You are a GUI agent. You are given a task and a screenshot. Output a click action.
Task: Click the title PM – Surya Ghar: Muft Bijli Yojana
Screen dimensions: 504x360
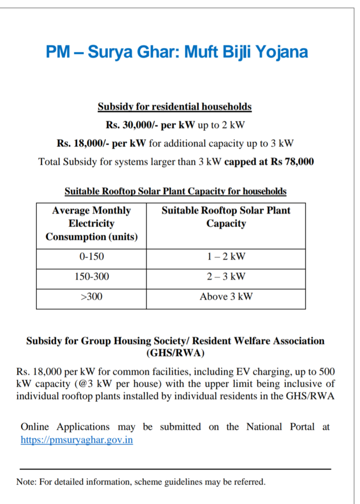pyautogui.click(x=177, y=52)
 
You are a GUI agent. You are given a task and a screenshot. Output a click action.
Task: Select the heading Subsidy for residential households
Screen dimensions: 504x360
pyautogui.click(x=175, y=107)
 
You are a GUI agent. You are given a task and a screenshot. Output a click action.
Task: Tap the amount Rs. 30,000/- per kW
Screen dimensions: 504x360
pyautogui.click(x=150, y=125)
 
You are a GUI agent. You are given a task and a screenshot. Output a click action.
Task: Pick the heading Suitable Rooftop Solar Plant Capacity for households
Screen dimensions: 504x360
pyautogui.click(x=175, y=191)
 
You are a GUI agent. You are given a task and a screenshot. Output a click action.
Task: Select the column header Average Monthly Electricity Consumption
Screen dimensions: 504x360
pyautogui.click(x=91, y=223)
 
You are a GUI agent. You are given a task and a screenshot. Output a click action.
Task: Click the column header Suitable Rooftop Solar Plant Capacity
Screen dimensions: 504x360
pyautogui.click(x=226, y=217)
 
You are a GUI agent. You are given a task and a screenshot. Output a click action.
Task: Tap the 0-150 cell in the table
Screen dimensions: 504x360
pyautogui.click(x=91, y=256)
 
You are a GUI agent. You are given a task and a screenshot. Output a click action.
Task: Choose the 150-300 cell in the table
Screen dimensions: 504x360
pyautogui.click(x=91, y=277)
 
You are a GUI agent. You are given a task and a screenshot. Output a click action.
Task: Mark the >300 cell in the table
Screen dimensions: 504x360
pyautogui.click(x=91, y=297)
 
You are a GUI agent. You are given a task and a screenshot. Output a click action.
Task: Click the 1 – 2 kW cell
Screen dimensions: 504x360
pyautogui.click(x=226, y=256)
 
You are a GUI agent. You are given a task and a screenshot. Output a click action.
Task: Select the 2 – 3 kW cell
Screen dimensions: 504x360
pyautogui.click(x=226, y=277)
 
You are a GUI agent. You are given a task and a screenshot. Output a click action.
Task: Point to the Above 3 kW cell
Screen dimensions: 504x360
pyautogui.click(x=226, y=297)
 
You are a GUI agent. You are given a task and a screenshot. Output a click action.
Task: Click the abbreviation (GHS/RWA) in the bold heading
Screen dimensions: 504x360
pyautogui.click(x=175, y=353)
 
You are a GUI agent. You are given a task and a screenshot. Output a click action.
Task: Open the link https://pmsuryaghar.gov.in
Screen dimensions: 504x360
pyautogui.click(x=77, y=440)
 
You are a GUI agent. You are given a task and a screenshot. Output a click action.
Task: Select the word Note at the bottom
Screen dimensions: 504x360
pyautogui.click(x=26, y=482)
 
